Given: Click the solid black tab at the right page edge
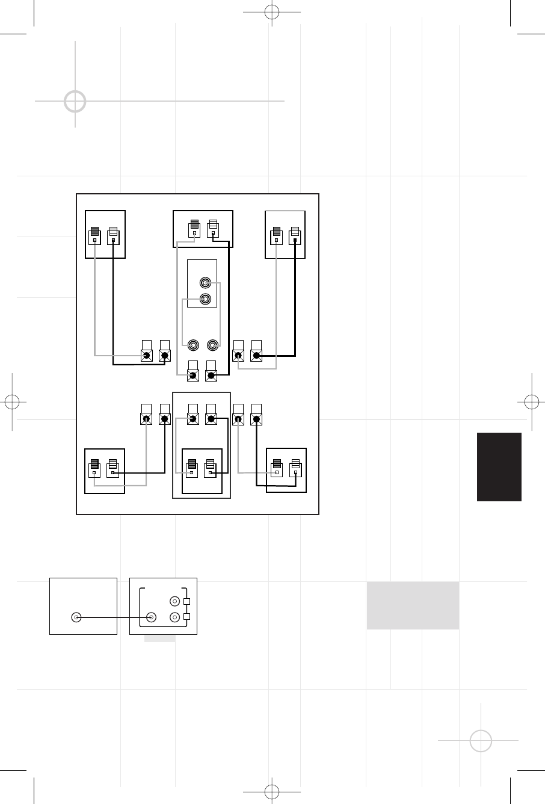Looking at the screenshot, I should [499, 466].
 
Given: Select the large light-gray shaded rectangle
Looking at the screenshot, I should [413, 605].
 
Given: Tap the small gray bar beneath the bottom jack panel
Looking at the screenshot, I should [159, 638].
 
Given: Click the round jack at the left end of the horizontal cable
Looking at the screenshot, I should [76, 617].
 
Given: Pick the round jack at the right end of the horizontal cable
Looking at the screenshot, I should [151, 617].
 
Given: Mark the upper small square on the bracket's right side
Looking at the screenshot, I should [186, 601].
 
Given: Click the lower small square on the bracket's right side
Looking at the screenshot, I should [186, 617].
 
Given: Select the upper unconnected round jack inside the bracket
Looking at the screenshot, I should [174, 601].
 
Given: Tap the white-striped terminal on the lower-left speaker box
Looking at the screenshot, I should [112, 469].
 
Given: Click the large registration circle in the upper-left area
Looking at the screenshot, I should [75, 102].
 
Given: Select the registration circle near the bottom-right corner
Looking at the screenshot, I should [481, 741].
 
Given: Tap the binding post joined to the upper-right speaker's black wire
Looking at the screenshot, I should [256, 355].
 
